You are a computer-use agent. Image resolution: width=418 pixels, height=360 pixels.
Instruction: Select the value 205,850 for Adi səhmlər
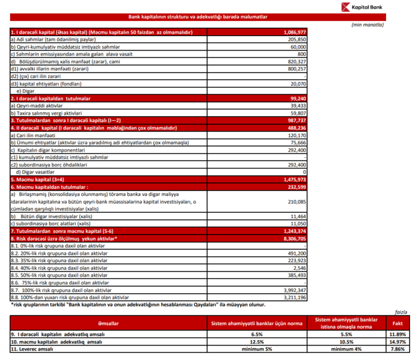pos(297,38)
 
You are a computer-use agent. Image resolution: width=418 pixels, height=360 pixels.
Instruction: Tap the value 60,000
pos(299,46)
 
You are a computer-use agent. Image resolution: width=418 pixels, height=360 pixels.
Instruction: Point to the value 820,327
pos(297,61)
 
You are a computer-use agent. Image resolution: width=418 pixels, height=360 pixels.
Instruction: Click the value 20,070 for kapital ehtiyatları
pos(299,84)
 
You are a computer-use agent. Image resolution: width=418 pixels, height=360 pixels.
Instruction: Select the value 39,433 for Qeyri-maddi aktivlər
pos(299,105)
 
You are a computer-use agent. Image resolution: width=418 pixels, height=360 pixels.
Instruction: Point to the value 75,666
pos(299,142)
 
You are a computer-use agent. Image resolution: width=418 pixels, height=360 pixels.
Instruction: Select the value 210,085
pos(297,201)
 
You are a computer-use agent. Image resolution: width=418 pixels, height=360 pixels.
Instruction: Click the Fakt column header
pos(398,322)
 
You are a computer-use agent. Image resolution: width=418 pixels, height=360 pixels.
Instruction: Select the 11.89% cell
pos(398,334)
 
